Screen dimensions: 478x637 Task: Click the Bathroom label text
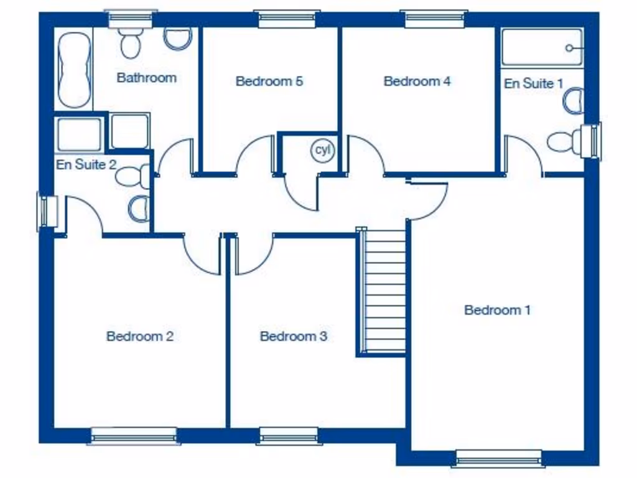(146, 78)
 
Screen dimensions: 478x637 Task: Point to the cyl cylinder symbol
(323, 151)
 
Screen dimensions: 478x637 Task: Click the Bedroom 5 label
(269, 81)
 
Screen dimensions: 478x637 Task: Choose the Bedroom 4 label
(417, 81)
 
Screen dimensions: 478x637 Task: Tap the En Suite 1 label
(533, 83)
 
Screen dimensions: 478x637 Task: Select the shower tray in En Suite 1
(541, 47)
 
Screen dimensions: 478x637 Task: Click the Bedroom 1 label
(497, 310)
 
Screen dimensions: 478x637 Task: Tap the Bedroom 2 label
(139, 337)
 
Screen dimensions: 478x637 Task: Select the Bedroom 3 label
(293, 337)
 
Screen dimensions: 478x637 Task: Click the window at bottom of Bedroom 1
(498, 459)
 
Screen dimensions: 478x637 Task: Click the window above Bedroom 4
(434, 18)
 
